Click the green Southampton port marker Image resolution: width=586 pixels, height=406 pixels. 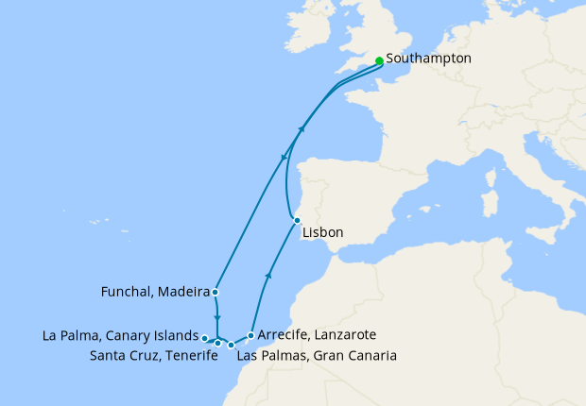pos(379,60)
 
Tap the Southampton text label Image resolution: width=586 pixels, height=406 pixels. pos(428,59)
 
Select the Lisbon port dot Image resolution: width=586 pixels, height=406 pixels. pos(297,220)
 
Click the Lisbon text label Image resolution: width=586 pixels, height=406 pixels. pos(323,232)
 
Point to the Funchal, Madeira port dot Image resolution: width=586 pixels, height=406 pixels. pos(215,292)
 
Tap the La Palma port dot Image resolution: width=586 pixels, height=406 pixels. pos(205,337)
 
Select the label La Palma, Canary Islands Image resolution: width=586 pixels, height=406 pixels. pos(121,335)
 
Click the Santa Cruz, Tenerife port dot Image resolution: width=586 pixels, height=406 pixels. pos(217,343)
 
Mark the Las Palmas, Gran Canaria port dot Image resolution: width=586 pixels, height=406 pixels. pos(232,346)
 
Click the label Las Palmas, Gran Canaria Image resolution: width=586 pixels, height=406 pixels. pos(316,356)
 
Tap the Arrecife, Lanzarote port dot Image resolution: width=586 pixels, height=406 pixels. pos(250,335)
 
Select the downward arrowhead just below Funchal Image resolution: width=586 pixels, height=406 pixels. pos(217,319)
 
